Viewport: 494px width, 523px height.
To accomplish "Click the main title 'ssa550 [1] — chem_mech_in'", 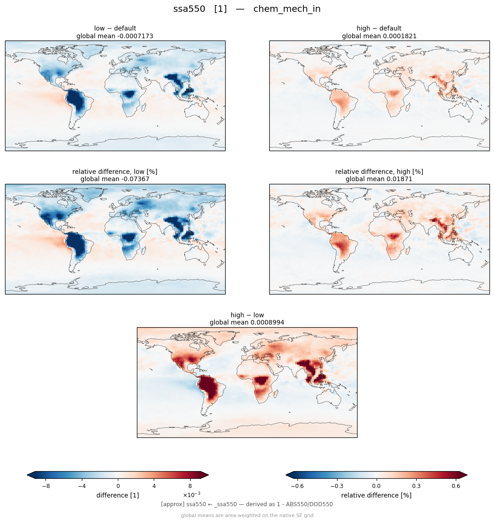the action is click(247, 9).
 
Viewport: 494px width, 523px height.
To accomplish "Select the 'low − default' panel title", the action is click(115, 28).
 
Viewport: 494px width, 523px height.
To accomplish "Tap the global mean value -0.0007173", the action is click(134, 36).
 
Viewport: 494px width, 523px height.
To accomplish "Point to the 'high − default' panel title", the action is click(379, 28).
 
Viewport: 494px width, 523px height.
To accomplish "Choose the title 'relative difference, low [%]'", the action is click(115, 172).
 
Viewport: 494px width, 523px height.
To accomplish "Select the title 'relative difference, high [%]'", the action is click(379, 172).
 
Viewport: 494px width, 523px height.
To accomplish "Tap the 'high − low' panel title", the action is click(247, 315).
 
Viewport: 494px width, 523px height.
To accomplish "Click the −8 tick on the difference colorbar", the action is click(46, 486).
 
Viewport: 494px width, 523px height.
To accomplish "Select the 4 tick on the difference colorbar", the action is click(154, 486).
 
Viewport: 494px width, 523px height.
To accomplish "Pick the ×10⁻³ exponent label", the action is click(192, 494).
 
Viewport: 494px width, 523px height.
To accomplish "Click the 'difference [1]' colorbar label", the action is click(118, 495).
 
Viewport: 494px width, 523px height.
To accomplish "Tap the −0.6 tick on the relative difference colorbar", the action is click(297, 486).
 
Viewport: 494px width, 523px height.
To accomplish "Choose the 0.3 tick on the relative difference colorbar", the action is click(416, 486).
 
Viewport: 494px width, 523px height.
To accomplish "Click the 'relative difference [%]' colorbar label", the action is click(376, 495).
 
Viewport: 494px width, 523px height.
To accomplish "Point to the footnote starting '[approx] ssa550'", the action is click(247, 504).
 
